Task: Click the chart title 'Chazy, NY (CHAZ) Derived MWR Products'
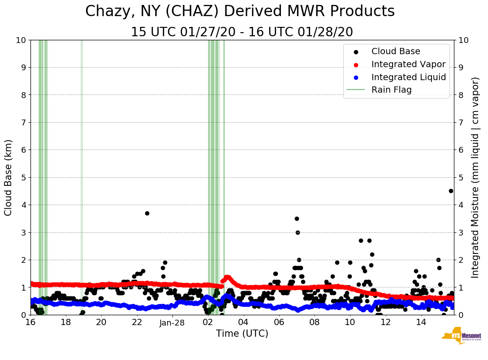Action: tap(240, 11)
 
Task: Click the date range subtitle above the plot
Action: tap(242, 32)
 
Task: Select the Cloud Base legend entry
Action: tap(396, 51)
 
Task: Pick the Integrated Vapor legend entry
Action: tap(408, 64)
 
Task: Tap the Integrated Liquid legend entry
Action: tap(408, 77)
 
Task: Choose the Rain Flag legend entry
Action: tap(391, 90)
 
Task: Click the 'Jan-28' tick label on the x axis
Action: tap(173, 322)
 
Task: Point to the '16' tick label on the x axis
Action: tap(30, 322)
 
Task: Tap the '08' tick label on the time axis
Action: tap(315, 322)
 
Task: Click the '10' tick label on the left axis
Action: tap(20, 40)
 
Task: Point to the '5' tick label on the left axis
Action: tap(23, 177)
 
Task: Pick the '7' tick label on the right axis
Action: tap(461, 122)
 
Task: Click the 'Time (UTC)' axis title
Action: tap(242, 334)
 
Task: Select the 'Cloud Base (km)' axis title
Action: tap(9, 177)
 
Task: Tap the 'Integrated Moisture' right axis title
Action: tap(475, 177)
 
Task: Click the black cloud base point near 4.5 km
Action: tap(451, 191)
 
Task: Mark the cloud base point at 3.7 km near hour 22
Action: tap(147, 213)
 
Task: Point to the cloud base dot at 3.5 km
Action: tap(297, 219)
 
